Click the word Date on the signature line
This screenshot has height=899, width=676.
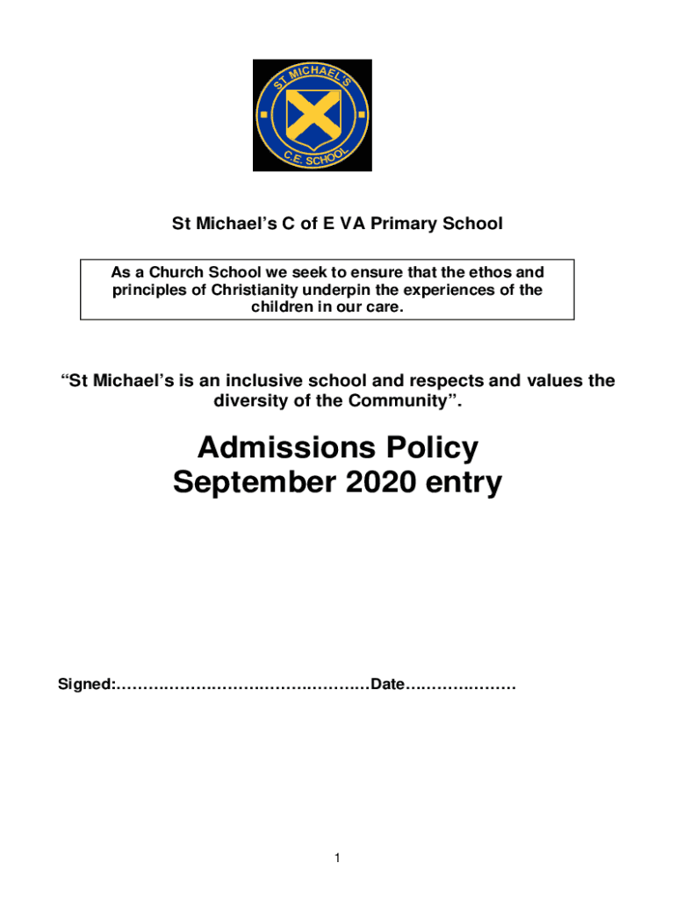(x=387, y=684)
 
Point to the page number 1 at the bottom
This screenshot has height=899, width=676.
(x=338, y=859)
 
